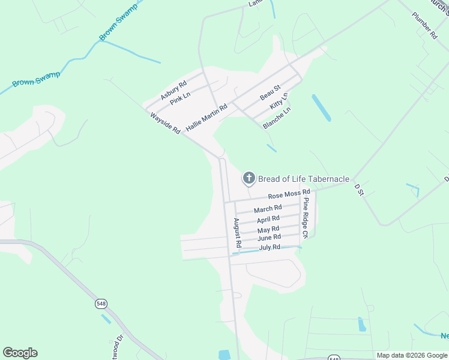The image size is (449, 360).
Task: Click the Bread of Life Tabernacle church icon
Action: point(249,178)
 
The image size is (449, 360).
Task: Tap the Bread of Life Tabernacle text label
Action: point(304,178)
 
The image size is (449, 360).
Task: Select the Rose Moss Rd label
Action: point(289,194)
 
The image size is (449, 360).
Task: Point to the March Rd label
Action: point(268,209)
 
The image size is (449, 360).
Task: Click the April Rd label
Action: point(268,219)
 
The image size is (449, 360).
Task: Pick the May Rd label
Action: point(268,229)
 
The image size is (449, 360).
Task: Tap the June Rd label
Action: point(269,238)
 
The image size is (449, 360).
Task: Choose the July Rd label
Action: point(270,247)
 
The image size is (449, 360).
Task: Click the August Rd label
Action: point(237,233)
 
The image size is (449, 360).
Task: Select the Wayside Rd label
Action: point(165,122)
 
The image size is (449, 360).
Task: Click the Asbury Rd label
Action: point(173,90)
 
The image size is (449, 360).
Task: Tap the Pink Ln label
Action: point(180,98)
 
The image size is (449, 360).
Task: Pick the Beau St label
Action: point(270,93)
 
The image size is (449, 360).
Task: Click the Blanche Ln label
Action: point(277,118)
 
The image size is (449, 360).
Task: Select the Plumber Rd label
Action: point(424,25)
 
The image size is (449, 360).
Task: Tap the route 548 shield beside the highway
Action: point(100,304)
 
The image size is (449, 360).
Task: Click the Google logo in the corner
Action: point(20,353)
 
